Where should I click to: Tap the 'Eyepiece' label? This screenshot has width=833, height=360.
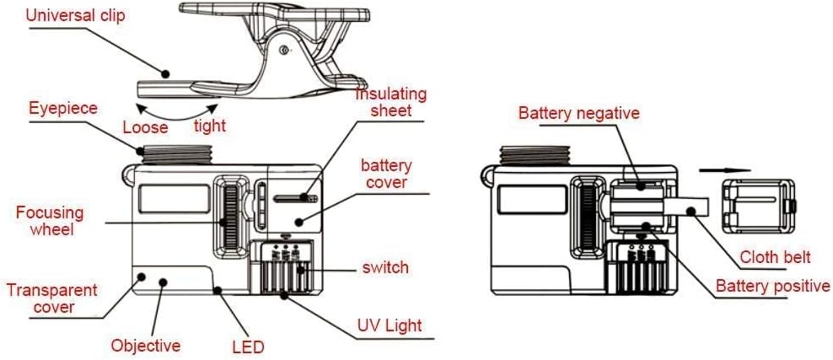click(x=62, y=109)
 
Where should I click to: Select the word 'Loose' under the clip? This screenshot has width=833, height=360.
click(x=145, y=128)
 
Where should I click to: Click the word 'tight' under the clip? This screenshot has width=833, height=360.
click(x=209, y=126)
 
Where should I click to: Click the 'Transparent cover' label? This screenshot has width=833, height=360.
click(x=52, y=298)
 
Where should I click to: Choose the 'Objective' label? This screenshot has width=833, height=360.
click(x=146, y=346)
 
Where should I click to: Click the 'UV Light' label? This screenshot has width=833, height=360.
click(x=390, y=325)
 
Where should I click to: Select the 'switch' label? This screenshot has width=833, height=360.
click(x=385, y=267)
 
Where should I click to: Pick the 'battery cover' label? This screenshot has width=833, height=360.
click(x=384, y=172)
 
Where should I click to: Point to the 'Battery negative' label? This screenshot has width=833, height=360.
click(x=579, y=113)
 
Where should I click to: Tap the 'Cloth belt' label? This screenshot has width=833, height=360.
click(x=775, y=257)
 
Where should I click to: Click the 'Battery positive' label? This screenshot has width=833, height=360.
click(x=773, y=286)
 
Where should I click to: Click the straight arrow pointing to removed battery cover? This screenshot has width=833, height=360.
click(x=724, y=169)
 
